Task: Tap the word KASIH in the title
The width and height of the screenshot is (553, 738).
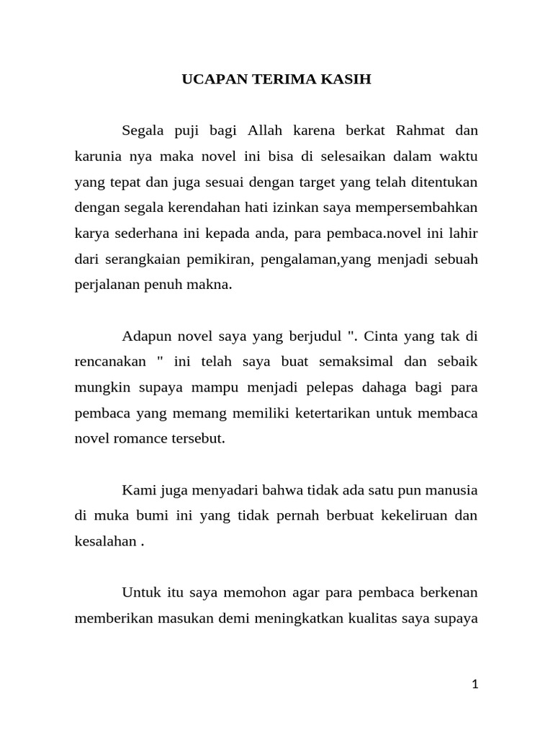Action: tap(349, 79)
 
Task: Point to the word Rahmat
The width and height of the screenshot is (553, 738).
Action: tap(422, 131)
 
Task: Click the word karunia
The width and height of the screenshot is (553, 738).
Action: tap(99, 157)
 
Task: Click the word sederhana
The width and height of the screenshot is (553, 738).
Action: tap(145, 234)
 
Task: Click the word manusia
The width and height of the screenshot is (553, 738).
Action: tap(451, 490)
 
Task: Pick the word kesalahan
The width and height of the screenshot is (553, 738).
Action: tap(106, 541)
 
